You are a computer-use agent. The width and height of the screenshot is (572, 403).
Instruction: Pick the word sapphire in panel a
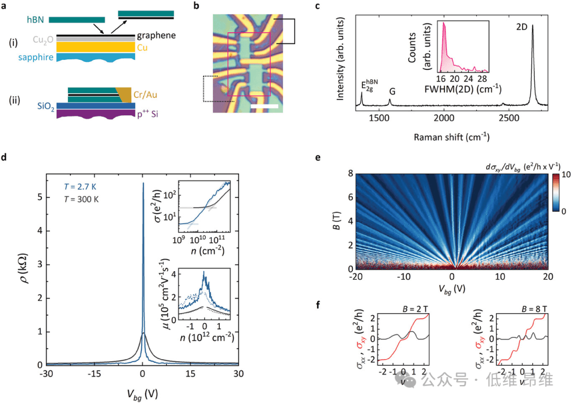click(x=35, y=57)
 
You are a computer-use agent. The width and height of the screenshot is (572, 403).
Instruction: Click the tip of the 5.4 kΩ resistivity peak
click(x=143, y=184)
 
